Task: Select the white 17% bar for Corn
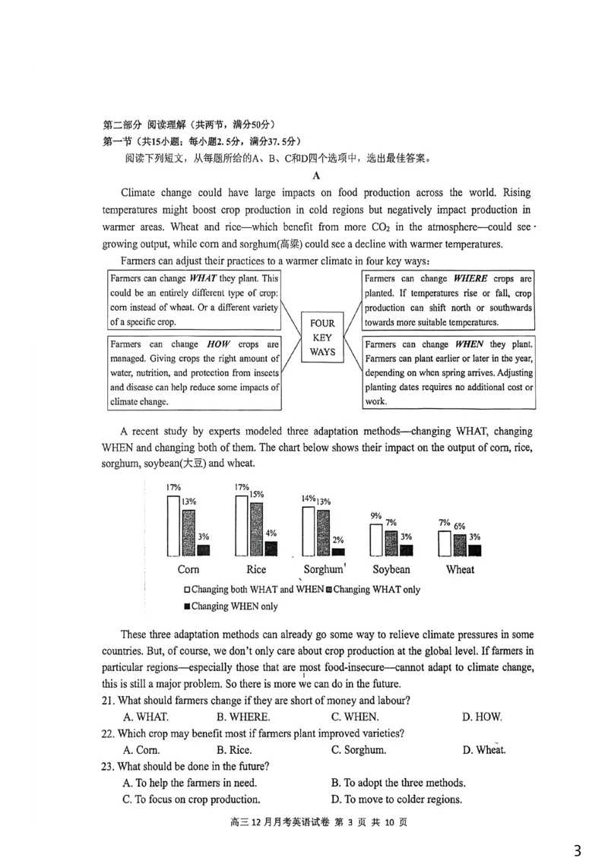pos(173,526)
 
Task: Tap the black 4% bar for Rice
pos(271,548)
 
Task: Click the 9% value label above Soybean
pos(375,516)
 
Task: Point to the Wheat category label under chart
pos(460,569)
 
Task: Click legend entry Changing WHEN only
pos(231,606)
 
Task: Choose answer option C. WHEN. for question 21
pos(355,717)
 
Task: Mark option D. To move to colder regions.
pos(396,799)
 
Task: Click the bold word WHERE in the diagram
pos(470,279)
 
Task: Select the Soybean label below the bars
pos(391,569)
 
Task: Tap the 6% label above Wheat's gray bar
pos(460,526)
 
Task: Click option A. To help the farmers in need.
pos(189,783)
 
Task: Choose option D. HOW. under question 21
pos(482,717)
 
